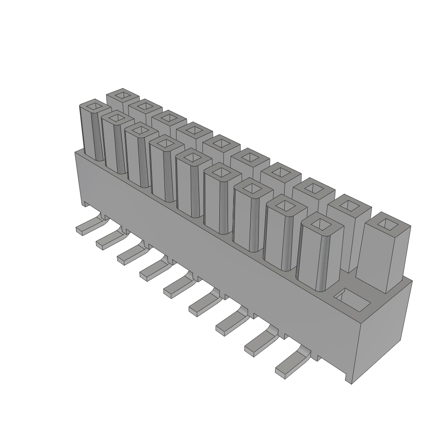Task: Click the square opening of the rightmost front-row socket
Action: tap(320, 223)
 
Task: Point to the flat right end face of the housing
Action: tap(385, 329)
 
